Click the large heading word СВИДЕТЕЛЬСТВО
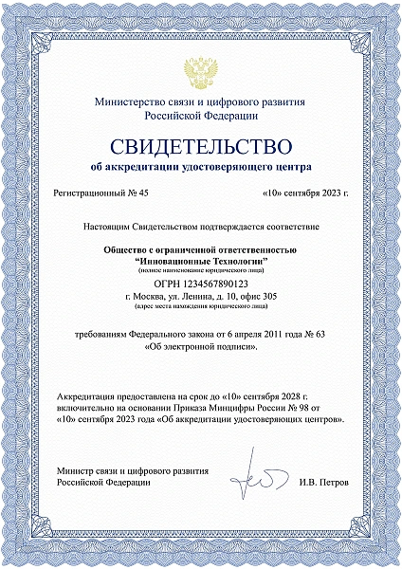click(x=200, y=146)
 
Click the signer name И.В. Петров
click(x=323, y=482)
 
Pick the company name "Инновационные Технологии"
click(x=200, y=259)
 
